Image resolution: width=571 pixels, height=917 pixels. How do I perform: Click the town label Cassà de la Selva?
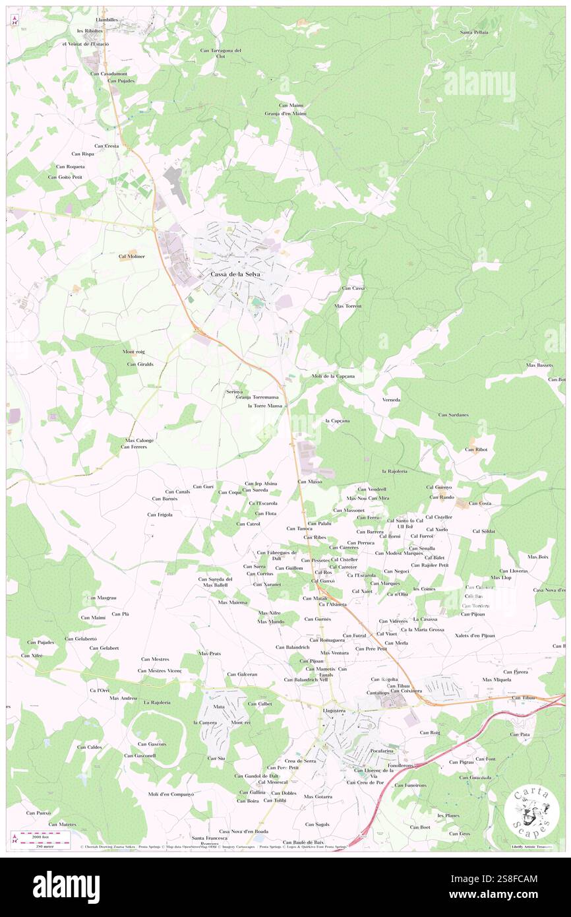point(235,274)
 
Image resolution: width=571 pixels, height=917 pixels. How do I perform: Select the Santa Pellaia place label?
point(474,32)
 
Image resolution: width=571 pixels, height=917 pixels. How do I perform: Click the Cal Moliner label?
point(131,256)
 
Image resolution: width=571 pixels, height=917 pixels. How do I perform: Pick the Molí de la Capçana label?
point(333,376)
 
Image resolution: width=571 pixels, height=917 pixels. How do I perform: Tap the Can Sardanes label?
point(454,414)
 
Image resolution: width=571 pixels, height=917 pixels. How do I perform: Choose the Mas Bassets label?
point(539,365)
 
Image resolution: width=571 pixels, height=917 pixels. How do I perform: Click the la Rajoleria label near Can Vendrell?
point(394,471)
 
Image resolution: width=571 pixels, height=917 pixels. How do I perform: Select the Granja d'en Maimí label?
point(285,113)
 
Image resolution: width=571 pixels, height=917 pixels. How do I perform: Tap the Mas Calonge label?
point(139,440)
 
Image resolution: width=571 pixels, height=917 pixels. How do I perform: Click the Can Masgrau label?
point(102,598)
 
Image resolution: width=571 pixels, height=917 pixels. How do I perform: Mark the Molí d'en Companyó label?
point(171,794)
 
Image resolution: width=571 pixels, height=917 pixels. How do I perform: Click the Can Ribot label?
point(475,449)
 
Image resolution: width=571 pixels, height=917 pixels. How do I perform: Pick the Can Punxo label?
point(39,813)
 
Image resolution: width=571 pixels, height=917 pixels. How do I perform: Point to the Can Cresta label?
point(106,146)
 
